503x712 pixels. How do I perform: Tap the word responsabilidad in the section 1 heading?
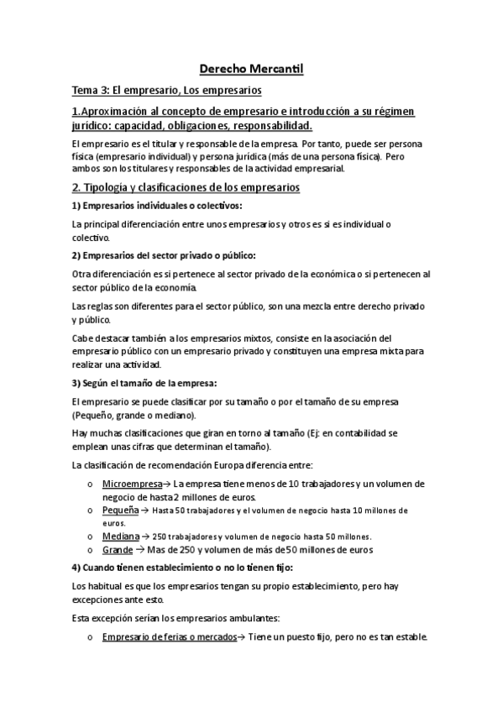(x=263, y=126)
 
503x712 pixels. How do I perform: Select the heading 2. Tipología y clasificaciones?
(x=186, y=187)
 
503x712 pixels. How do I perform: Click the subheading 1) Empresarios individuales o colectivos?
(x=145, y=206)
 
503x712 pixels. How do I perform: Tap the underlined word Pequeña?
(x=122, y=510)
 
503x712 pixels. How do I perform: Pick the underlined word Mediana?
(x=121, y=536)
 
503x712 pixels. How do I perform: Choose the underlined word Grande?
(x=118, y=549)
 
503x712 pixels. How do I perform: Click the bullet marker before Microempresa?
(x=91, y=485)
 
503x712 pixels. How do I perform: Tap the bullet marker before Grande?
(x=91, y=550)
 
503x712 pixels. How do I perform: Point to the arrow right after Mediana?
(x=145, y=536)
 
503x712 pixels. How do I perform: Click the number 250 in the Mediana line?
(x=160, y=536)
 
